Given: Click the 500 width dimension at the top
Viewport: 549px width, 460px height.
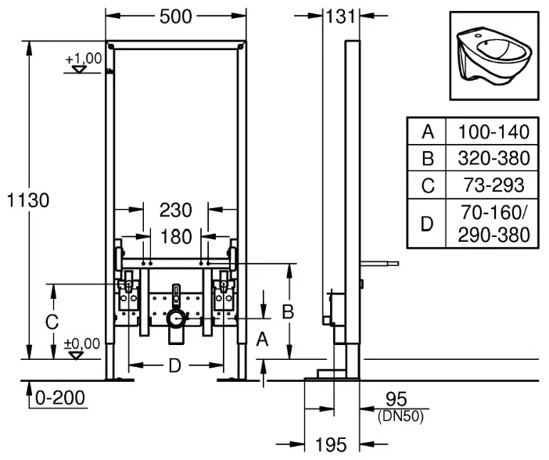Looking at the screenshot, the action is tap(176, 16).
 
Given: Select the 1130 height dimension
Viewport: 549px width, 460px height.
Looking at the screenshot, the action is tap(28, 200).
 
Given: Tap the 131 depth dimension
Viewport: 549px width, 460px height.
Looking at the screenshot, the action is tap(340, 16).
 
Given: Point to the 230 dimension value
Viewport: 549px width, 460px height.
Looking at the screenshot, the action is tap(176, 210).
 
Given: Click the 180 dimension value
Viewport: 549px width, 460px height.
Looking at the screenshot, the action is tap(176, 237).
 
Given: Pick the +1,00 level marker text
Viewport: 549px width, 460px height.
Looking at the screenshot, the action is tap(84, 59).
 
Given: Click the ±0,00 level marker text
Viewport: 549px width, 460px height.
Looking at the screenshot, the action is tap(82, 343).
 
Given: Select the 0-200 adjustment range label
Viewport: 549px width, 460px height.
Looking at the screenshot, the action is tap(60, 398).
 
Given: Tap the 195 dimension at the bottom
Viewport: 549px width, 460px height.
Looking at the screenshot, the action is tap(332, 445).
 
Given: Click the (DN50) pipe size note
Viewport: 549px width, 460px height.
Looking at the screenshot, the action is tap(400, 416).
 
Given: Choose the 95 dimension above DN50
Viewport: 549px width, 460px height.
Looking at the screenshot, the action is tap(396, 400).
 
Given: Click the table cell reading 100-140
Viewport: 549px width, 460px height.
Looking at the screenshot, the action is tap(493, 132).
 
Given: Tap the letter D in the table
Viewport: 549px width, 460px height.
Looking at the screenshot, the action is tap(427, 224).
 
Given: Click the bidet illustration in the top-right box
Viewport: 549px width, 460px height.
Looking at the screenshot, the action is tap(494, 56).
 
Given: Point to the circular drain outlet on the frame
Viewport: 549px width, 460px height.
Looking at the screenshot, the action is tap(176, 318).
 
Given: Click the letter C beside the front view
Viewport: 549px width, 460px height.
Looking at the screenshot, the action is tap(52, 322).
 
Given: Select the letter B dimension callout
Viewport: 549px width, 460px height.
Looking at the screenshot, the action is tap(288, 312).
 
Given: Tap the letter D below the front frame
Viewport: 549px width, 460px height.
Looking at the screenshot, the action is tap(175, 366).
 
